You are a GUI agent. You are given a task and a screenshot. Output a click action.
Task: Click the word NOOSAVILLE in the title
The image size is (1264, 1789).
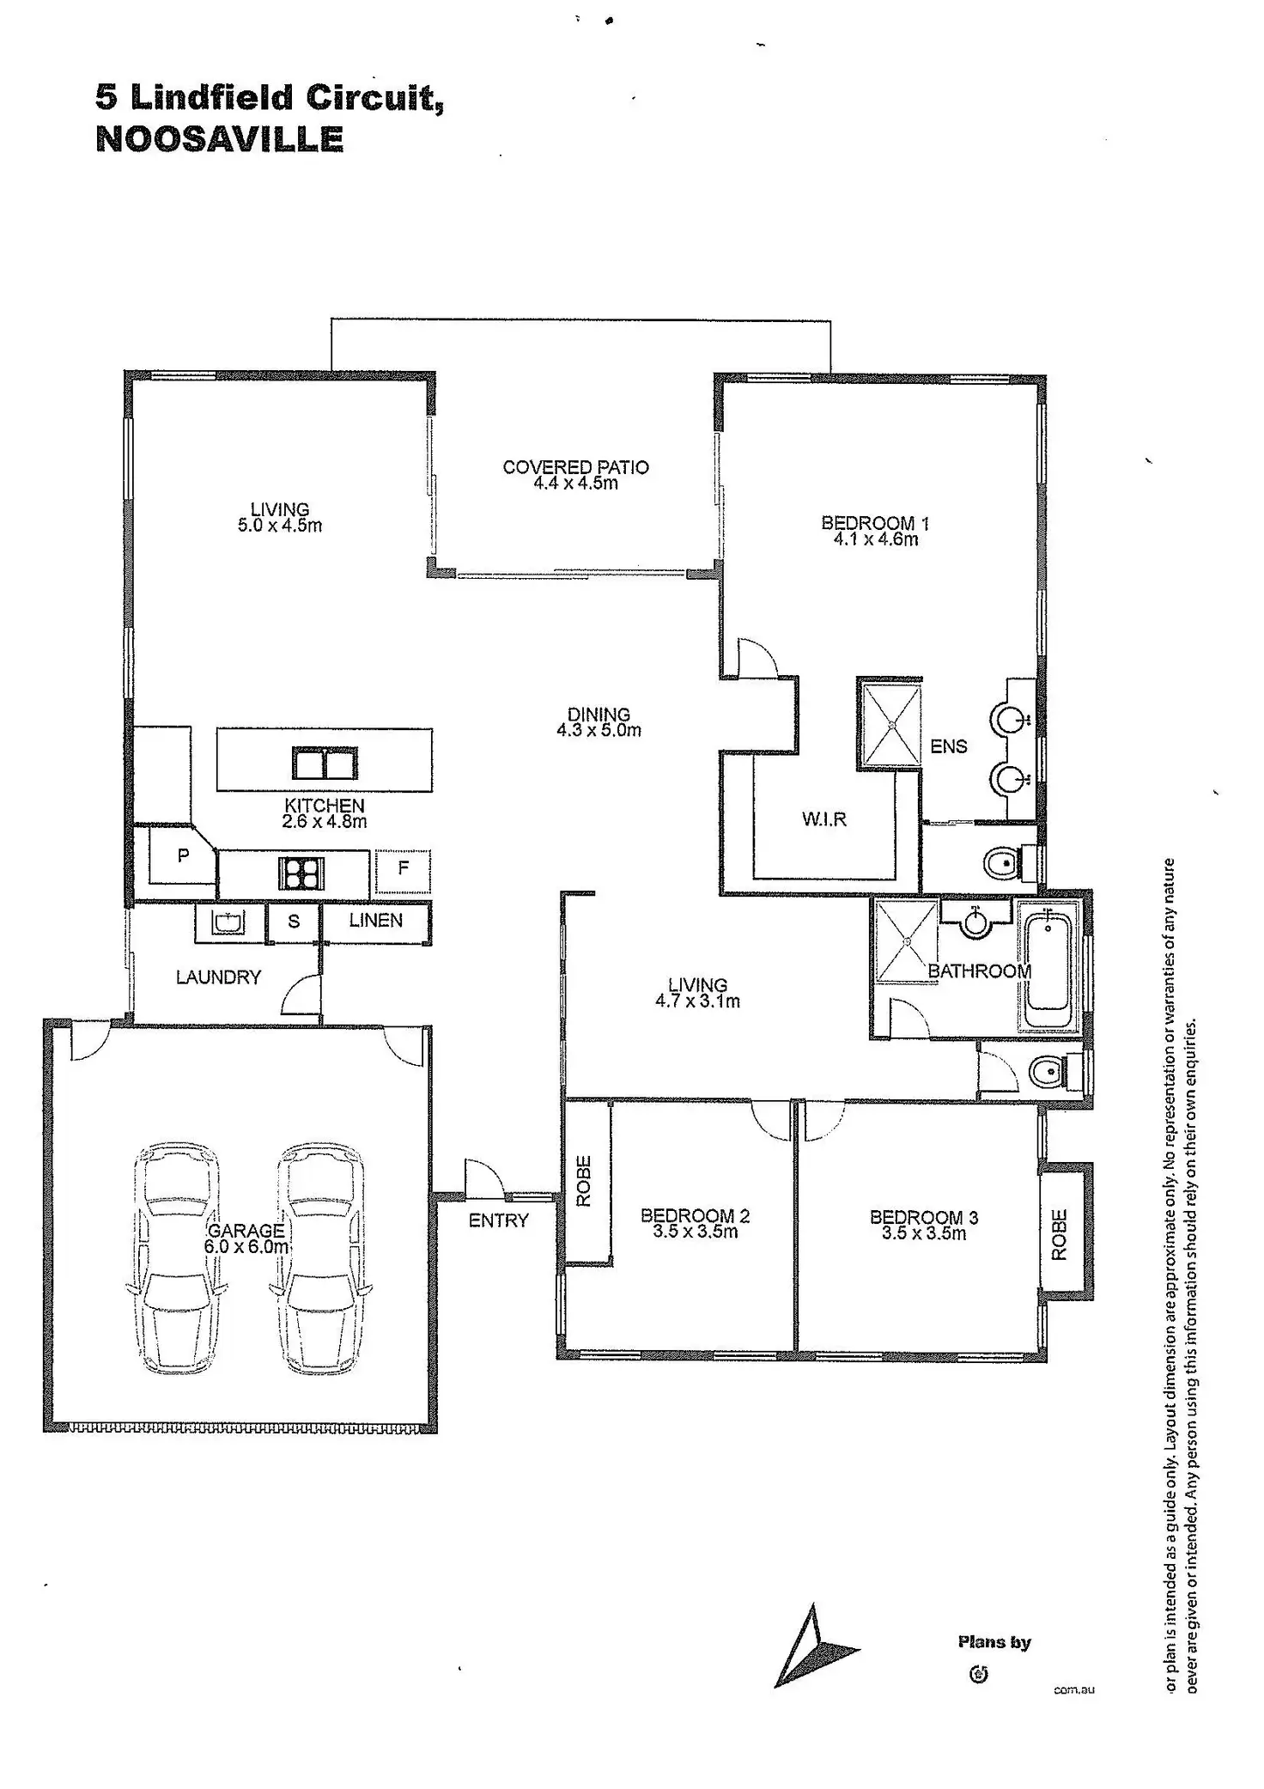219,139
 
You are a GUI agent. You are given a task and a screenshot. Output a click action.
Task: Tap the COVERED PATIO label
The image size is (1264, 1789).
575,467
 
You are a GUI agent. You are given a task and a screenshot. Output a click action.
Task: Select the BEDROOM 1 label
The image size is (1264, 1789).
875,523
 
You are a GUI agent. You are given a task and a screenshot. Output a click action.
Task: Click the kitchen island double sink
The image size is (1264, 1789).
324,763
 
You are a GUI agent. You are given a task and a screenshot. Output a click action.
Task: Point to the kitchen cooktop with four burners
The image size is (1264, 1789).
301,873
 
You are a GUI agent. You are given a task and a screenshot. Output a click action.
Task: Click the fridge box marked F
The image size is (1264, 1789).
403,869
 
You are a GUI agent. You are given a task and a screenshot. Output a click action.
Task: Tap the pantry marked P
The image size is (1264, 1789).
182,856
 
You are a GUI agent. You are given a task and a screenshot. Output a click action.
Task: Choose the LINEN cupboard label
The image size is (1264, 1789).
376,921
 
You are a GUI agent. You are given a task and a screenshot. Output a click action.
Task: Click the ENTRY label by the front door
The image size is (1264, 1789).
498,1220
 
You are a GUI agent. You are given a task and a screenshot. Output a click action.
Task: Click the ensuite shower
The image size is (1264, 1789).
892,723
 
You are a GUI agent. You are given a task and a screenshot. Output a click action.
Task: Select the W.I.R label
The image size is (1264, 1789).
824,819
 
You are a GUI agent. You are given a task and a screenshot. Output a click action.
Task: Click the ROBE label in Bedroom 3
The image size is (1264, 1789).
1059,1235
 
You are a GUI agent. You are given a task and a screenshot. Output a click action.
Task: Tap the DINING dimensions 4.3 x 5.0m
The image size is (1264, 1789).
599,731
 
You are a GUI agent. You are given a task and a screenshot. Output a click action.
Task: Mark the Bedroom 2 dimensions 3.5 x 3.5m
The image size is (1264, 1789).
695,1232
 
